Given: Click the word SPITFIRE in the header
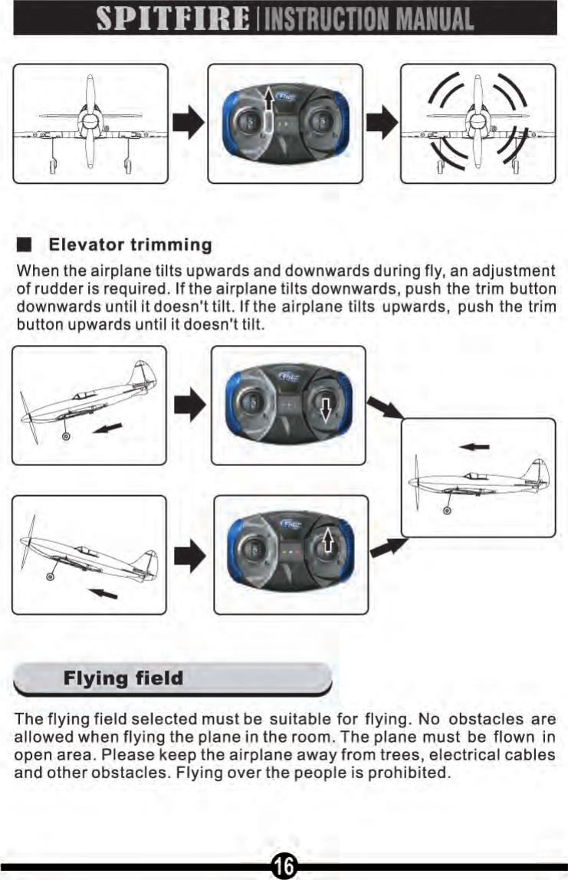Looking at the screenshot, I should click(175, 19).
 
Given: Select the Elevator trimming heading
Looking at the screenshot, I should click(130, 245).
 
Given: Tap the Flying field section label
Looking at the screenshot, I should click(123, 678).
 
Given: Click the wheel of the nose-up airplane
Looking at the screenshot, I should click(66, 436).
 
